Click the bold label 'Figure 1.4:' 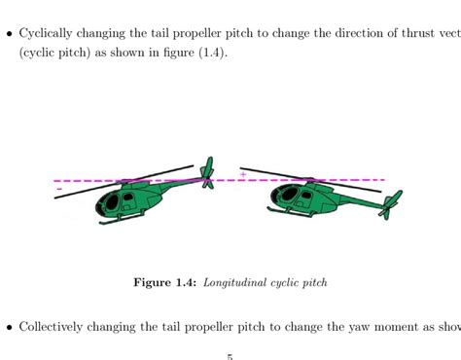165,283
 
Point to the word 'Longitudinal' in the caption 240,283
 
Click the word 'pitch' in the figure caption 311,283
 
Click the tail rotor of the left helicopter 207,173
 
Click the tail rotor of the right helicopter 391,204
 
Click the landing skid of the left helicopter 122,221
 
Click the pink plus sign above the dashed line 243,175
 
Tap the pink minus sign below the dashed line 60,189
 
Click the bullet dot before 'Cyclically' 10,33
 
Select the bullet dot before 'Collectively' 10,327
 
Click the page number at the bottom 230,356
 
